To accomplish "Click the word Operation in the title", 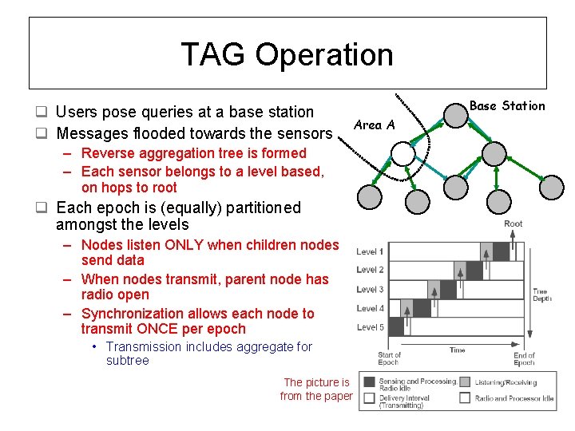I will coord(324,55).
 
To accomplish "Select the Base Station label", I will coord(507,105).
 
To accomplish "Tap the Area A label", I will coord(374,125).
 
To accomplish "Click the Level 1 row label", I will coord(370,251).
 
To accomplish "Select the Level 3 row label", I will coord(370,290).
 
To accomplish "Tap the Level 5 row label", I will coord(370,327).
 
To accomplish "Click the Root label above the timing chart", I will coord(514,223).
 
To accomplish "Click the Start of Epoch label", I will coord(389,358).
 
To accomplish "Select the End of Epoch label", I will coord(524,358).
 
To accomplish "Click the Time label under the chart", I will coord(457,350).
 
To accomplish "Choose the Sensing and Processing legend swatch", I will coord(370,382).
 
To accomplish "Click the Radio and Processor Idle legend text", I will coord(514,398).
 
